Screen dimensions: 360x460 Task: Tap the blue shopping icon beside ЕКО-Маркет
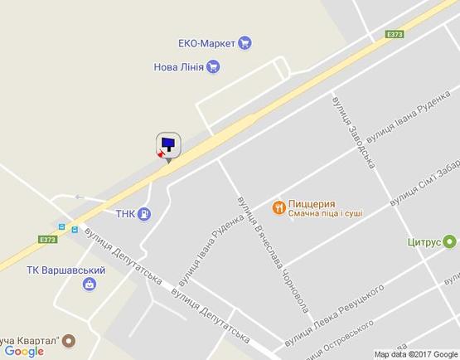tap(245, 43)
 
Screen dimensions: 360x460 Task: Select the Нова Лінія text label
tap(178, 67)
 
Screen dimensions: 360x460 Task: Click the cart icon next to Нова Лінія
tap(214, 67)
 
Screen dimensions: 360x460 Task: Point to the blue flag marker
tap(168, 145)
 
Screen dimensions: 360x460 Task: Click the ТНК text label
tap(126, 213)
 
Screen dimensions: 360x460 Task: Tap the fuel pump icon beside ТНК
tap(146, 213)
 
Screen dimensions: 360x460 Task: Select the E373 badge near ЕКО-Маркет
tap(395, 34)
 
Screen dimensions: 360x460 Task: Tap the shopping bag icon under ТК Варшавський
tap(89, 285)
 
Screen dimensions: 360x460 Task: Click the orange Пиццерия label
tap(311, 203)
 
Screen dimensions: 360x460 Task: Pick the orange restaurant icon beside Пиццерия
tap(279, 207)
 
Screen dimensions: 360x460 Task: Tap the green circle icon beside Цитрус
tap(450, 242)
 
